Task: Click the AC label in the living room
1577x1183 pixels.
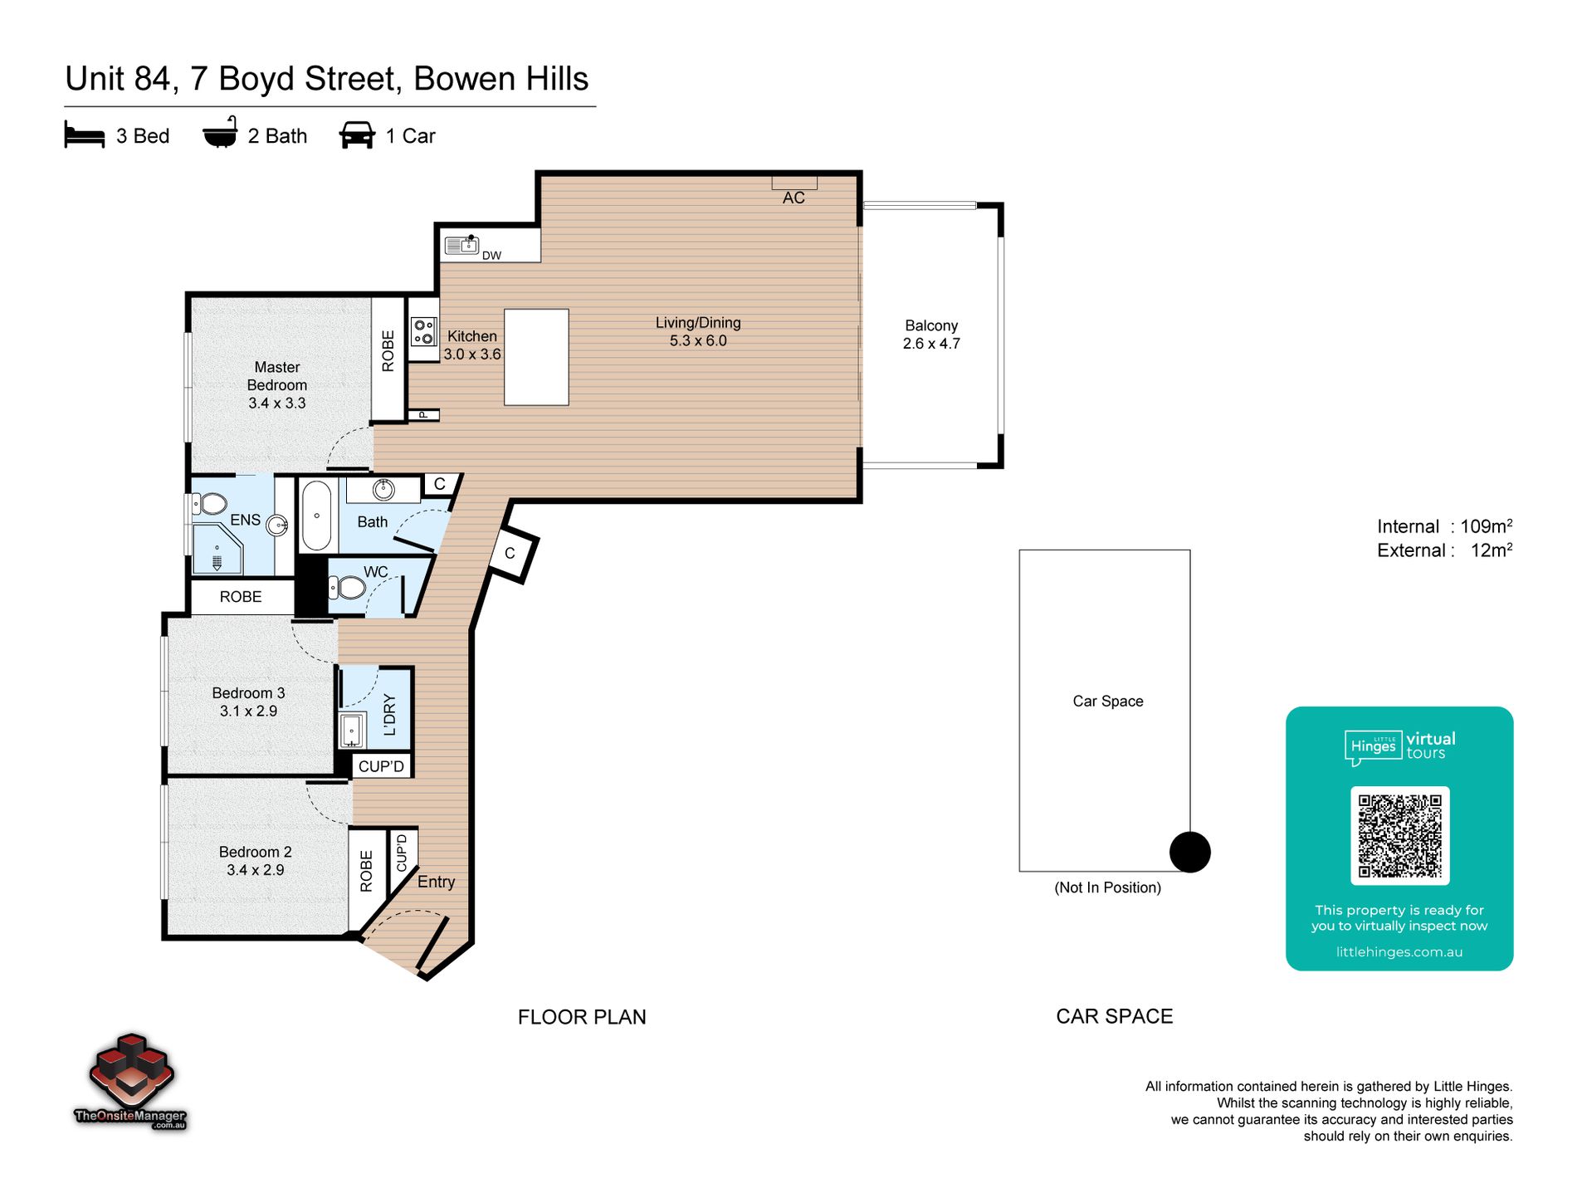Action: (793, 198)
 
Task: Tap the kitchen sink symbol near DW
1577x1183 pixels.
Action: (461, 245)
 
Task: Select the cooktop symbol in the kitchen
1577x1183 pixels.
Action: (423, 332)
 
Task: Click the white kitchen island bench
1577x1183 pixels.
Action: (536, 357)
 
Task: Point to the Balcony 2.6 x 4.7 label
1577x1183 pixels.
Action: (931, 335)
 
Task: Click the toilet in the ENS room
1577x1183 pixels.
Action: (211, 504)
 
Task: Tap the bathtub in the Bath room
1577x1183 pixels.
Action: (316, 516)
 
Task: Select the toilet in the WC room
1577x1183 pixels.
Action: (348, 588)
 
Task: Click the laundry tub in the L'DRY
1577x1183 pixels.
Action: (353, 731)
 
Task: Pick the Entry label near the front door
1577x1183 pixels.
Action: (436, 882)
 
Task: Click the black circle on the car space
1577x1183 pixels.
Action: (1189, 852)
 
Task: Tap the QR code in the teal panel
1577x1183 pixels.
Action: (1399, 835)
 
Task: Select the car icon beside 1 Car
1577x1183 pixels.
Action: (357, 135)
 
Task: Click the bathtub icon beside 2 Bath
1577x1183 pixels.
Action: (220, 134)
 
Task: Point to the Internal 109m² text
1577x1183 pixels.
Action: (1444, 526)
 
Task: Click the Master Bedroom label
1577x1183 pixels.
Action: (277, 385)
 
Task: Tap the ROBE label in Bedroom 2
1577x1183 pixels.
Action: (366, 872)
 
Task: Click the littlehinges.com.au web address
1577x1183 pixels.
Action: (1399, 952)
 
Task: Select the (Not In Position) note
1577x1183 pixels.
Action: (1107, 887)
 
